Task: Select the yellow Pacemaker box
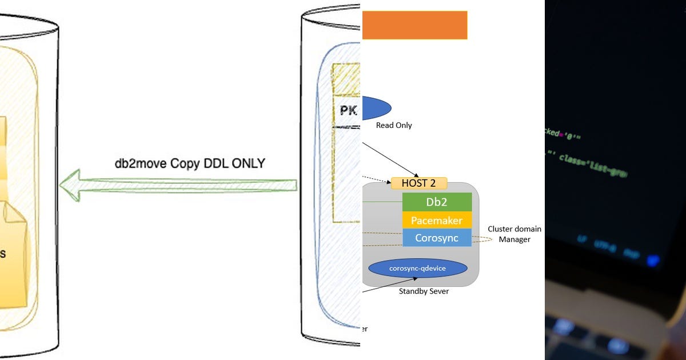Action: coord(437,220)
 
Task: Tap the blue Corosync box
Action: coord(437,238)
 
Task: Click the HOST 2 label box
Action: coord(419,183)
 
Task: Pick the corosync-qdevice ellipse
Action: coord(417,268)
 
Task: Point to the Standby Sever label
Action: coord(424,291)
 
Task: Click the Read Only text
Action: coord(394,125)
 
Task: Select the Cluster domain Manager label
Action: coord(514,234)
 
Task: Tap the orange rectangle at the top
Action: coord(414,25)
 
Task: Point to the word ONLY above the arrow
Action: coord(249,163)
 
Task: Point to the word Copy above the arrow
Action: coord(182,163)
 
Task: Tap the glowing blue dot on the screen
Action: coord(652,260)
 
